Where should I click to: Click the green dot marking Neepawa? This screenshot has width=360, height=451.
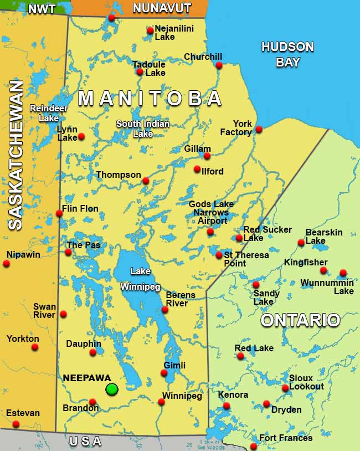click(x=112, y=389)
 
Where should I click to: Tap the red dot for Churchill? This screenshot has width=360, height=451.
click(x=219, y=65)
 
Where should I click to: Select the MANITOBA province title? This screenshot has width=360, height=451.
click(x=150, y=99)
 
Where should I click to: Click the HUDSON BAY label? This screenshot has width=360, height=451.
click(x=287, y=54)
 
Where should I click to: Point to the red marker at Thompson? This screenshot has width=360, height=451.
click(x=146, y=181)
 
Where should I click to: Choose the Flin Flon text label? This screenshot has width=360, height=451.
click(x=80, y=209)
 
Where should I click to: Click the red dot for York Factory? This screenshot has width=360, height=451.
click(x=259, y=130)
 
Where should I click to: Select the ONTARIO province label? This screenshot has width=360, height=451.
click(x=300, y=320)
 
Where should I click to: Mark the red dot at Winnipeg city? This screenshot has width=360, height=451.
click(x=161, y=402)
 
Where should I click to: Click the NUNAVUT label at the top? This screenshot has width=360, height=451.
click(x=162, y=8)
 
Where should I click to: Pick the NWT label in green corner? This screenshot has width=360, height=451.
click(x=42, y=9)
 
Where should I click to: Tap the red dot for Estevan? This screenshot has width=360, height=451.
click(x=16, y=424)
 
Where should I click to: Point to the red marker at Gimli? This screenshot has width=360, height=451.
click(x=164, y=373)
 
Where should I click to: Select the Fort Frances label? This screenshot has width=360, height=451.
click(x=286, y=438)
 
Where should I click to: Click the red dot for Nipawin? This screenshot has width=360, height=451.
click(x=6, y=263)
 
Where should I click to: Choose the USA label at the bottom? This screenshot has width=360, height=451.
click(x=85, y=441)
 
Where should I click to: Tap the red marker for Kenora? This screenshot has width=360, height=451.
click(x=226, y=406)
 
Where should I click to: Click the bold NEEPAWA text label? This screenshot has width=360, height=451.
click(x=87, y=378)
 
